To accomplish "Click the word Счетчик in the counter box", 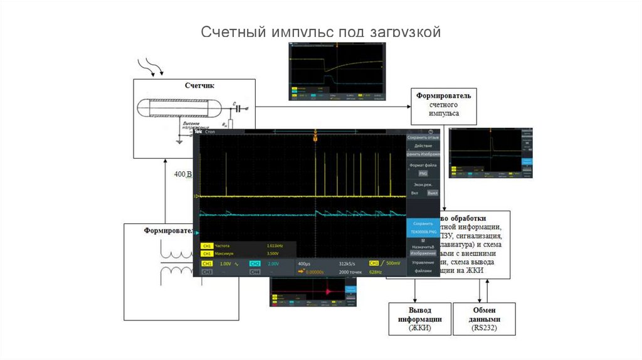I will coord(199,85).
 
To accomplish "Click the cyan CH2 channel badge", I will coord(255,264).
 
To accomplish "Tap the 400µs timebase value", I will coord(305,264).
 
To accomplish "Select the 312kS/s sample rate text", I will coord(347,264).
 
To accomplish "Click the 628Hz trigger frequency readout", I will coord(376,272).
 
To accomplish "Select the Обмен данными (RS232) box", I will coord(485,319).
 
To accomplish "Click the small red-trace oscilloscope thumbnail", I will coord(313,292).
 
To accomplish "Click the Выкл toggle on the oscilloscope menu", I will coord(432,193).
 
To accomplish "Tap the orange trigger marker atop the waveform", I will coord(315,137).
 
